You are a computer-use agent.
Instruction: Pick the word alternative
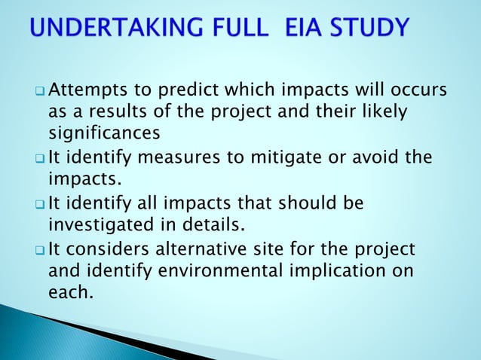coord(217,249)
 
